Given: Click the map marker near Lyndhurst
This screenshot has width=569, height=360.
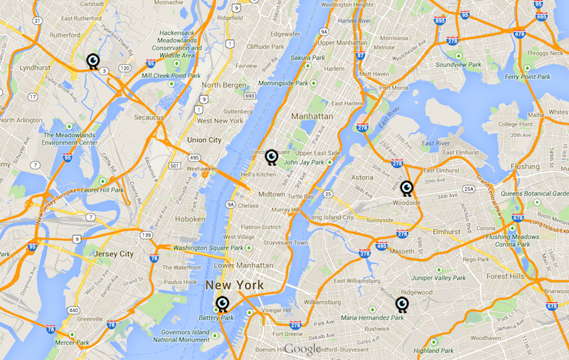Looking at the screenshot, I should tap(92, 61).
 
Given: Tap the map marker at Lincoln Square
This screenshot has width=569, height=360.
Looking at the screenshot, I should tap(271, 157).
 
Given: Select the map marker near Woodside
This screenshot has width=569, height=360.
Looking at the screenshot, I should tap(406, 188).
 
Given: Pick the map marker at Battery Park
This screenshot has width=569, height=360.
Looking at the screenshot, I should tap(223, 305).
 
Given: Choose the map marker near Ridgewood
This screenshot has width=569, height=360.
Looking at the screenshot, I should tap(403, 305).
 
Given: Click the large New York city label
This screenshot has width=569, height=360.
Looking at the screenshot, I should tap(234, 285).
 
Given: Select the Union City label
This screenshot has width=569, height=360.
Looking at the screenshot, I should tap(203, 139).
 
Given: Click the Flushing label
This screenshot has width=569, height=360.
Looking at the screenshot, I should tap(525, 166).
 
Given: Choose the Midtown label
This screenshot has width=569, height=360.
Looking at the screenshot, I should tap(271, 194).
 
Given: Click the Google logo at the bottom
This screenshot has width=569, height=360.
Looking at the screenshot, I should tap(302, 349).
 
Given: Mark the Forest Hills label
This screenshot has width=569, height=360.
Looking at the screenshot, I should tap(506, 277).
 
